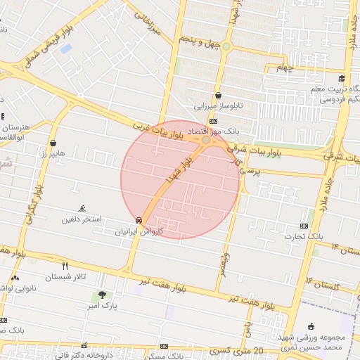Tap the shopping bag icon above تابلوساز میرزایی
click(x=218, y=96)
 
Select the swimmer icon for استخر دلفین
click(x=83, y=209)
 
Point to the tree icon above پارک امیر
click(x=103, y=295)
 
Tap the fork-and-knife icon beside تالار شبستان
click(x=65, y=266)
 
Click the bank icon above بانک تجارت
click(x=304, y=226)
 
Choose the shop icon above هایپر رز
click(x=53, y=143)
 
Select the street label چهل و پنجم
click(x=200, y=42)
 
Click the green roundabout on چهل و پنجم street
click(x=226, y=47)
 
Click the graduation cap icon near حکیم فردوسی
click(x=342, y=78)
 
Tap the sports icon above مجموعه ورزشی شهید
click(x=311, y=326)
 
